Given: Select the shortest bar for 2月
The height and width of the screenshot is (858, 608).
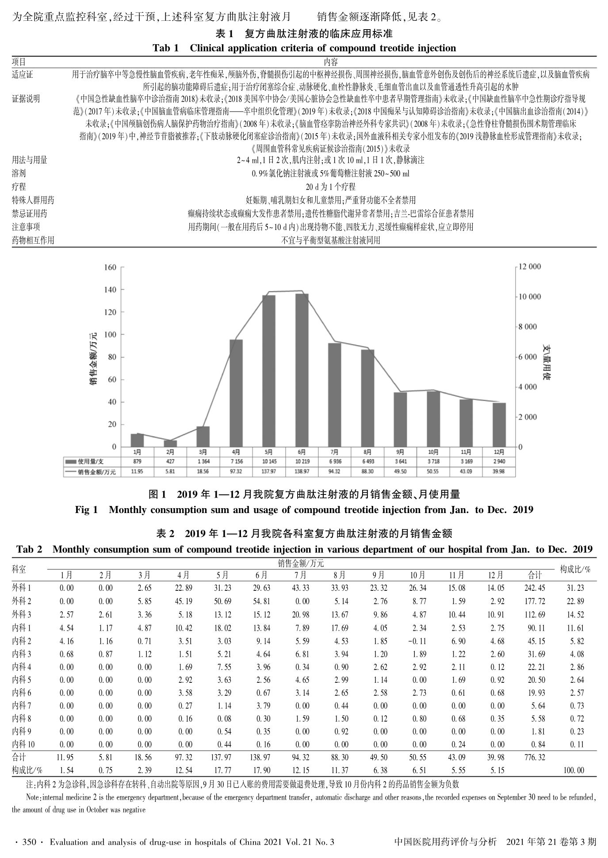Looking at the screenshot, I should (170, 443).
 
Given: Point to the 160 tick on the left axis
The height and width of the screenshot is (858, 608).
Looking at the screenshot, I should (111, 267).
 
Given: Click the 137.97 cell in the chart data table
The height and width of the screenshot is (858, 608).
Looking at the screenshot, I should (269, 472).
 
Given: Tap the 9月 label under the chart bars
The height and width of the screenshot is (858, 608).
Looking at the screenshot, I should (400, 452).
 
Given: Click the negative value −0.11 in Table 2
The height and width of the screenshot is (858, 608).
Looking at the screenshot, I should (417, 641).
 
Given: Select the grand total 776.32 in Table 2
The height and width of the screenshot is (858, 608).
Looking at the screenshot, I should (535, 758).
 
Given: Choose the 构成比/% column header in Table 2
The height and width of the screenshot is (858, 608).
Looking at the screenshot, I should (575, 569).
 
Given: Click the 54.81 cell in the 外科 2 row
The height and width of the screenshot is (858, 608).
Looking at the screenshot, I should (261, 601).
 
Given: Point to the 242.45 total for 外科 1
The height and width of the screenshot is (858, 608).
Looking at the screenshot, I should (535, 588).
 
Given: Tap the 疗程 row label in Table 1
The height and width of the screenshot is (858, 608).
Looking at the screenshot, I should (19, 187).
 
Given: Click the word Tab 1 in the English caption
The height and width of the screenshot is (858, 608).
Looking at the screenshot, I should (165, 48).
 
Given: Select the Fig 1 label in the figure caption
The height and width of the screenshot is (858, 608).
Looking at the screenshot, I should (86, 510).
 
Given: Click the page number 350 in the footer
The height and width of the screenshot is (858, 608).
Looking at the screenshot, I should (28, 843).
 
